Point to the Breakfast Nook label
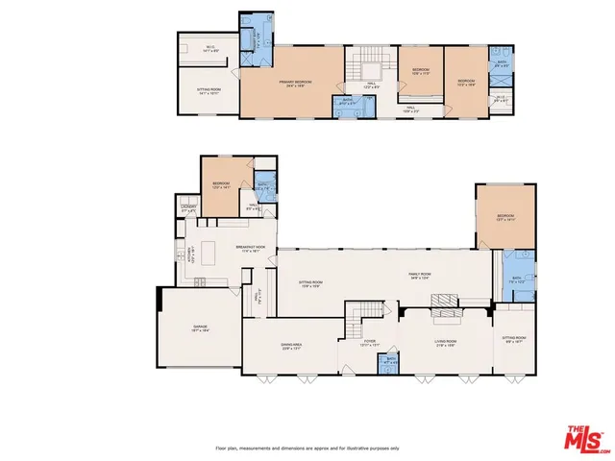[250, 248]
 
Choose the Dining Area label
[292, 348]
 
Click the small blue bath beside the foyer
[391, 362]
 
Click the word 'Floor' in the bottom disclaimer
[221, 449]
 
